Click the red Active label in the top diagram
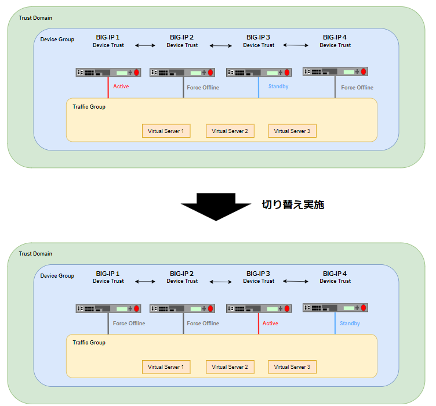tap(121, 87)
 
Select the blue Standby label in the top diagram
tap(278, 87)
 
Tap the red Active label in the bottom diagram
tap(270, 324)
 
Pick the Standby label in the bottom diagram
tap(350, 324)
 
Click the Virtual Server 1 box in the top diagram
tap(166, 131)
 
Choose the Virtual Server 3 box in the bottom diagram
tap(292, 367)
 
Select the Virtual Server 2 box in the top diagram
tap(230, 131)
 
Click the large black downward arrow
tap(216, 206)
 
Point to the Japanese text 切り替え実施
tap(293, 204)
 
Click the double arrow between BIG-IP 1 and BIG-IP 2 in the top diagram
tap(145, 45)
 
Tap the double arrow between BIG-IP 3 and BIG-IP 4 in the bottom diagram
tap(296, 282)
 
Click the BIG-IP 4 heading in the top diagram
tap(335, 37)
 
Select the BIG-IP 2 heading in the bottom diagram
tap(181, 274)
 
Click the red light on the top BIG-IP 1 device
tap(136, 73)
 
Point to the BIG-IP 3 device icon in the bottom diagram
tap(259, 308)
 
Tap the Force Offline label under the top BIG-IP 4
tap(357, 88)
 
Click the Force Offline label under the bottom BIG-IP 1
tap(129, 324)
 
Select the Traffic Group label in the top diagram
tap(89, 107)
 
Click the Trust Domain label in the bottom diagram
tap(35, 254)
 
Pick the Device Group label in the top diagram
tap(57, 39)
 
